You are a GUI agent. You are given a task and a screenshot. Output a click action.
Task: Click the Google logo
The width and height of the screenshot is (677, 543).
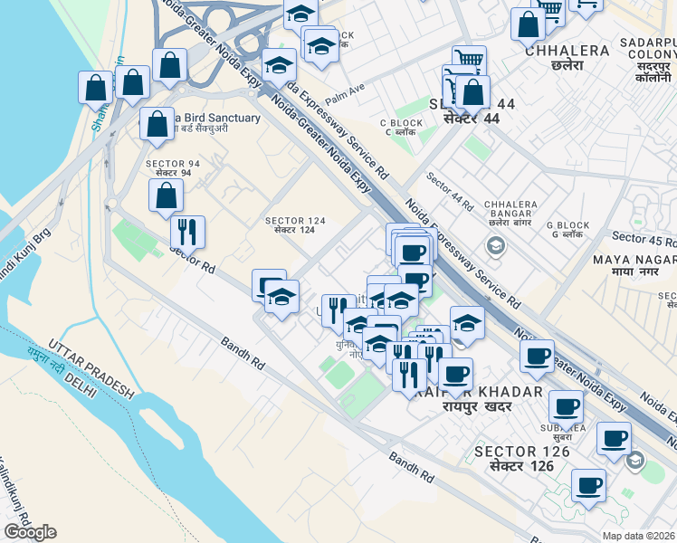(x=31, y=532)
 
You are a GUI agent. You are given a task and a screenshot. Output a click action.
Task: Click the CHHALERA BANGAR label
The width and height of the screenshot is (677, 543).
(x=505, y=210)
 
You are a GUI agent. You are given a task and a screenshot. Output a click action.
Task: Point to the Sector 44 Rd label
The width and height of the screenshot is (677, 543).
(x=450, y=192)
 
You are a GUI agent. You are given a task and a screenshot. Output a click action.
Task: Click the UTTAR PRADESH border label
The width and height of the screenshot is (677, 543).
(x=93, y=368)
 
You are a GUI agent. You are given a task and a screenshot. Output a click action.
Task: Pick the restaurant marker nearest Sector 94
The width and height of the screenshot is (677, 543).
(x=187, y=232)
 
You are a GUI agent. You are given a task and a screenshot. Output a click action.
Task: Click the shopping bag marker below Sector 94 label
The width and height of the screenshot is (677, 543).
(x=166, y=195)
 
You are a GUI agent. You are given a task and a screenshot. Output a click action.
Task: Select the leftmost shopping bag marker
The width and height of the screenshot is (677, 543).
(x=95, y=88)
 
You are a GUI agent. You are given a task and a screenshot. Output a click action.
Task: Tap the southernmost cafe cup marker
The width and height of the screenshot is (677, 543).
(x=588, y=485)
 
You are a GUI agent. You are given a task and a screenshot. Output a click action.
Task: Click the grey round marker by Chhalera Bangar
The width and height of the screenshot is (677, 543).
(x=495, y=244)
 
